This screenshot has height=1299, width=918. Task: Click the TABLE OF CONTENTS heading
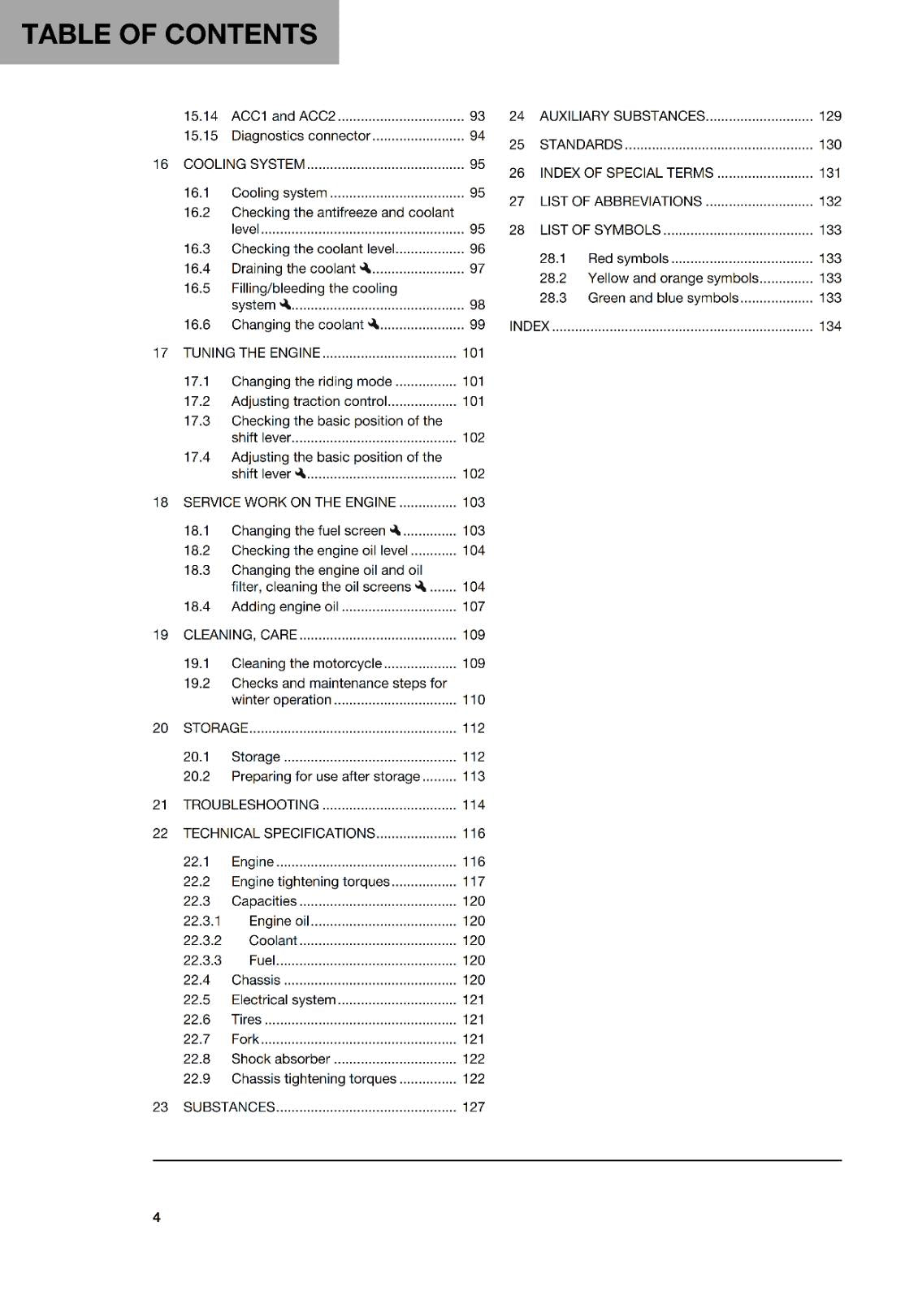click(169, 34)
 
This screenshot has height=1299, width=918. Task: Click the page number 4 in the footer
click(157, 1217)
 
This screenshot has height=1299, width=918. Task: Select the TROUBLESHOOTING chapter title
click(251, 805)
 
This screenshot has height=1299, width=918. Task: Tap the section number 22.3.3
click(202, 960)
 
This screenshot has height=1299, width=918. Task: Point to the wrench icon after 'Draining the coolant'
click(366, 268)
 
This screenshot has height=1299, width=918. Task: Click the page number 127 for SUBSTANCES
click(474, 1107)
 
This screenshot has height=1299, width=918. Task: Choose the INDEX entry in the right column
click(530, 326)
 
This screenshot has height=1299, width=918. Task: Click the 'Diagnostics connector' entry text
click(301, 136)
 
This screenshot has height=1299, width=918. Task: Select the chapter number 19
click(160, 635)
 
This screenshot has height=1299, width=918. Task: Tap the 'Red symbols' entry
click(628, 258)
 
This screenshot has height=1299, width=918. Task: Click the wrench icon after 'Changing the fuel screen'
click(396, 530)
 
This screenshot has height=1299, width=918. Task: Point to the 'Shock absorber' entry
click(280, 1059)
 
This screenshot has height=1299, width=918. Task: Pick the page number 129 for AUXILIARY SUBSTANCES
click(829, 116)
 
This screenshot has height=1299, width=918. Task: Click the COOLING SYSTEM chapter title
click(244, 164)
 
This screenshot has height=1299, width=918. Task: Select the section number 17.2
click(197, 401)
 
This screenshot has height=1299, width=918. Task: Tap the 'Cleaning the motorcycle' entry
click(306, 663)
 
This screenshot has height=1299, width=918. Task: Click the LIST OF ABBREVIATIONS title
click(621, 201)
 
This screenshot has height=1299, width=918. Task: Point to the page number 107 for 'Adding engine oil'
click(474, 606)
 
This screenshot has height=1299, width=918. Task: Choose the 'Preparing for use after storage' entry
click(326, 776)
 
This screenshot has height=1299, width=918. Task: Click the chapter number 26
click(517, 173)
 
